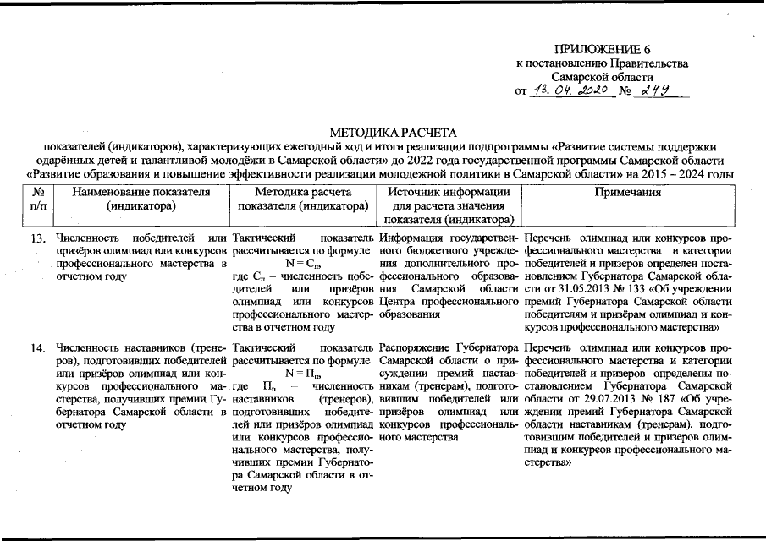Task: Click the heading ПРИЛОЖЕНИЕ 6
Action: click(602, 49)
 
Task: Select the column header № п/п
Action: click(37, 199)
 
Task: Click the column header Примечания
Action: click(627, 192)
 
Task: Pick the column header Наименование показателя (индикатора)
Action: click(141, 199)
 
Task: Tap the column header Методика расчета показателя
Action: click(303, 199)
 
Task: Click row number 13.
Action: click(37, 239)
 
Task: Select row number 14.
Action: click(37, 347)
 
